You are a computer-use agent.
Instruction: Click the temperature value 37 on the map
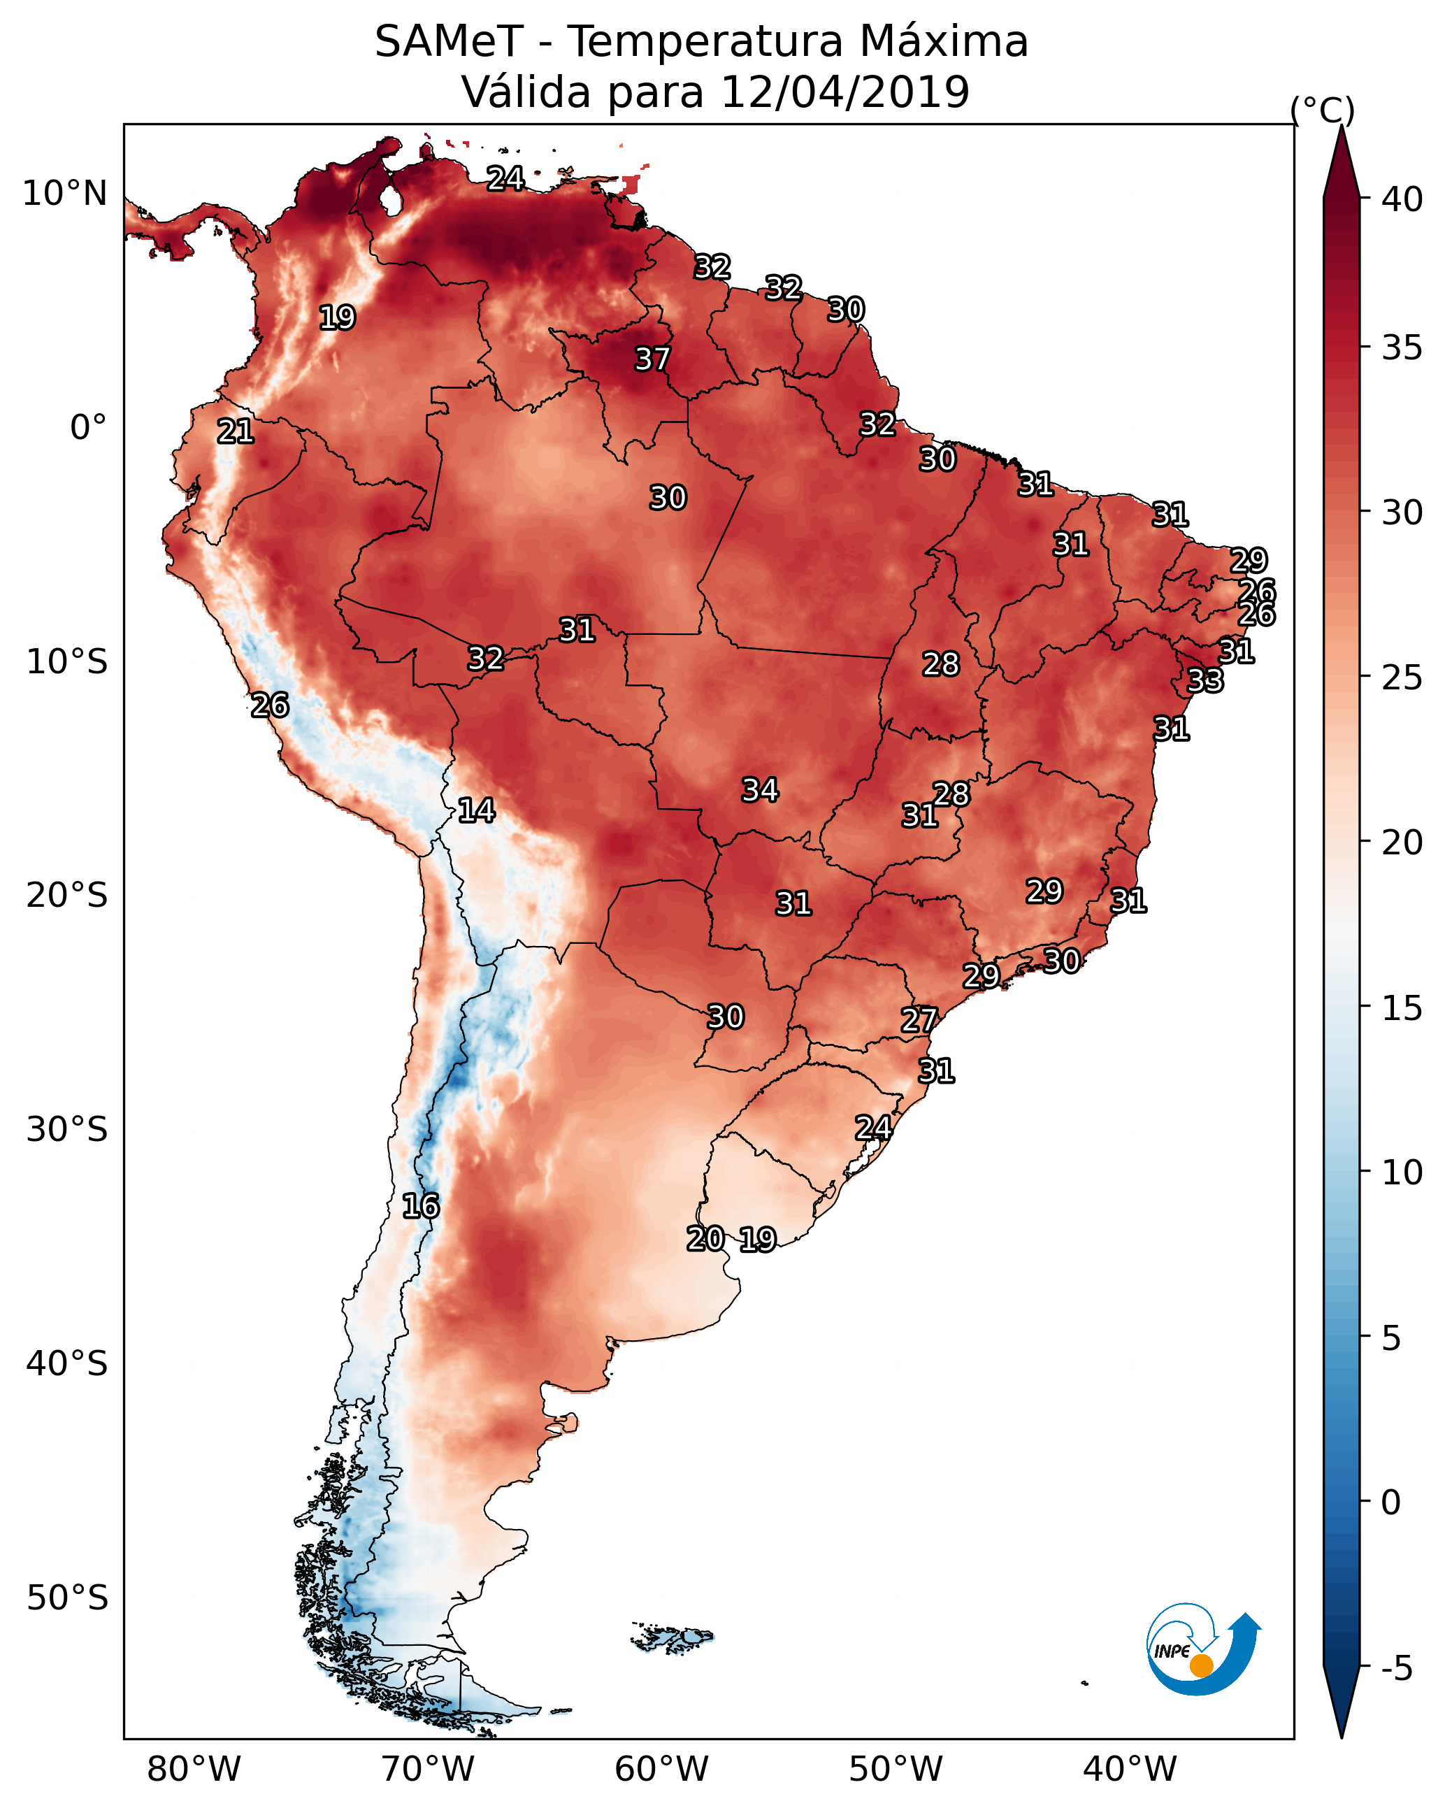coord(652,359)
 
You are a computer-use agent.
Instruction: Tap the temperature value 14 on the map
coord(476,810)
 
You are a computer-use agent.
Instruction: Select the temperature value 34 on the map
coord(760,790)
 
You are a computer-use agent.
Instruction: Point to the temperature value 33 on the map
coord(1205,681)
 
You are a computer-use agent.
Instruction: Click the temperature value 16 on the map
coord(420,1206)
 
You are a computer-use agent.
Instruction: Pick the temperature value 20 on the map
coord(705,1239)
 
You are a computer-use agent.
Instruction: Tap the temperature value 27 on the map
coord(919,1021)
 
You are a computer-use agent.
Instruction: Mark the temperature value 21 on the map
coord(235,432)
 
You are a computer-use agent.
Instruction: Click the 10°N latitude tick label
coord(64,194)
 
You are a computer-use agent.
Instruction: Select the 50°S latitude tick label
coord(67,1598)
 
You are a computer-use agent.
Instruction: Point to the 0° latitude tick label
coord(88,428)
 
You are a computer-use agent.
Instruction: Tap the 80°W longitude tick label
coord(194,1770)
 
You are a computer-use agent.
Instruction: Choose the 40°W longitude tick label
coord(1130,1770)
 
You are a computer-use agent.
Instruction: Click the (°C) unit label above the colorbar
coord(1323,110)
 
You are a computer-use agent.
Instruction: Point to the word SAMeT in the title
coord(449,42)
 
